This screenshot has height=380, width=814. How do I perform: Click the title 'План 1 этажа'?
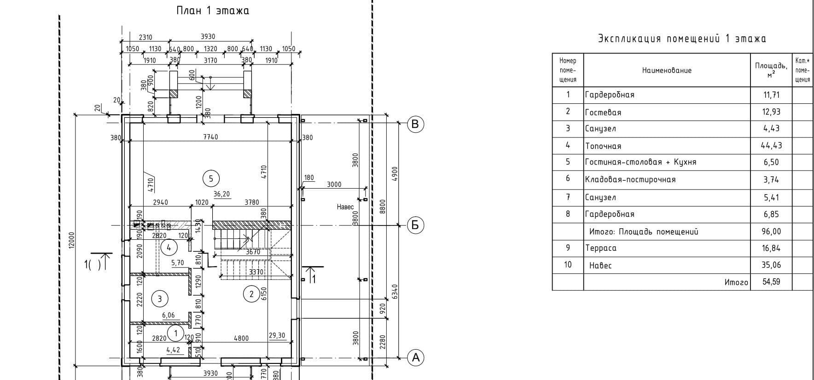click(213, 11)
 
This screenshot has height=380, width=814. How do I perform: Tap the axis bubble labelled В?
click(415, 124)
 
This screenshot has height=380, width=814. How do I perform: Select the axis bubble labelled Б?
click(415, 225)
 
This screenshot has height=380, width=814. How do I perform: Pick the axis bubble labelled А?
click(415, 357)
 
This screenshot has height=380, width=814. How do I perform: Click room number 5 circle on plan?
click(211, 178)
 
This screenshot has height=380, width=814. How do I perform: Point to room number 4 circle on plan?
click(169, 248)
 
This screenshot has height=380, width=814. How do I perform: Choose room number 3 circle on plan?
click(160, 298)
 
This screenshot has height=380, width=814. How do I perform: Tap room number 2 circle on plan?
click(251, 294)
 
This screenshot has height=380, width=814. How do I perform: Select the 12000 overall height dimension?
click(71, 240)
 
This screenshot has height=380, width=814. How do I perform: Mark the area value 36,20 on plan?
click(221, 194)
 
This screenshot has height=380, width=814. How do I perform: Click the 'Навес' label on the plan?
click(345, 208)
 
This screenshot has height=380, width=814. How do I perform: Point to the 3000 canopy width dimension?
click(334, 184)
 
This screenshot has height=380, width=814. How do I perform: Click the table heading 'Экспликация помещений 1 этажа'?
click(682, 39)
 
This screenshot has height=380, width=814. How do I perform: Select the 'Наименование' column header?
click(667, 71)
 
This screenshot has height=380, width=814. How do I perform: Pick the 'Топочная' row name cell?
click(603, 146)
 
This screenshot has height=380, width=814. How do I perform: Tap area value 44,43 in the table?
click(771, 146)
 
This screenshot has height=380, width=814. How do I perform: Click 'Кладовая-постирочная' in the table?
click(630, 179)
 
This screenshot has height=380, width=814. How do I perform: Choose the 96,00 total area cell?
click(771, 232)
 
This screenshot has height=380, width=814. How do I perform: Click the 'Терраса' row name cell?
click(601, 248)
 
